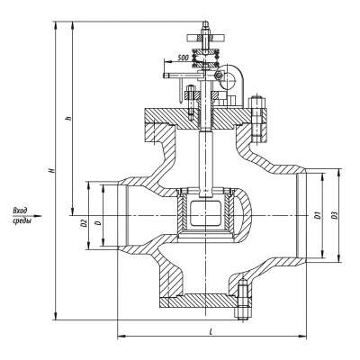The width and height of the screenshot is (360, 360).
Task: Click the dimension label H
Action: [52, 170]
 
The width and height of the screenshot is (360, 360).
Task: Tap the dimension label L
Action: [211, 332]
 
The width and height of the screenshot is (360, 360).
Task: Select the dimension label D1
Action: [317, 214]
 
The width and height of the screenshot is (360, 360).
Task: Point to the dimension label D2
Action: [85, 222]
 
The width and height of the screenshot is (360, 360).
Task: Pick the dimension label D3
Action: [333, 215]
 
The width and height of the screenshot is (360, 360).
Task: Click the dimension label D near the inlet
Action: [98, 222]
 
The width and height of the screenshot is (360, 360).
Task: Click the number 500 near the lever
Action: [183, 58]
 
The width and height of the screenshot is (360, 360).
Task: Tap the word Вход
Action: [21, 211]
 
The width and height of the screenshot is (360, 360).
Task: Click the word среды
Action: [22, 220]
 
